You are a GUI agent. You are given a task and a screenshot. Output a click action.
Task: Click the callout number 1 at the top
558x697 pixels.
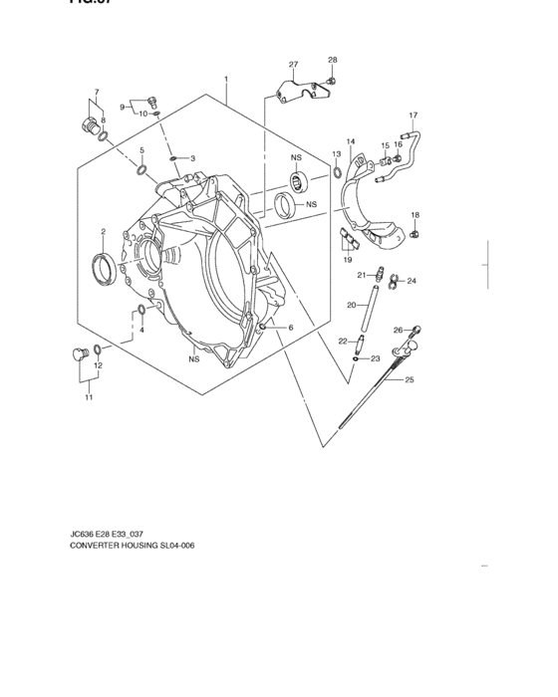[x=226, y=79]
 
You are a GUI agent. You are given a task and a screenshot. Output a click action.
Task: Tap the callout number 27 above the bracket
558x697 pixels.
[x=293, y=66]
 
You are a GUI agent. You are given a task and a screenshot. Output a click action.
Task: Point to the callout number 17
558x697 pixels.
[x=413, y=115]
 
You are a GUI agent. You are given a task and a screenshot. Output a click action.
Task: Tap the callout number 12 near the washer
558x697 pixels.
[x=97, y=365]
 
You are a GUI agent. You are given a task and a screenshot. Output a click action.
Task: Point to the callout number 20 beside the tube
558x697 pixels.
[x=351, y=305]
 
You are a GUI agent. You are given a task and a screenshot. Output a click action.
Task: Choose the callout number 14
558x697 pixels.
[x=350, y=141]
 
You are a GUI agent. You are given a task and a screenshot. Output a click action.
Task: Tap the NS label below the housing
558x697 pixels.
[x=194, y=359]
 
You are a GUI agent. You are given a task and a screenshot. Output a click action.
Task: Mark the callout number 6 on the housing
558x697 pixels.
[x=290, y=327]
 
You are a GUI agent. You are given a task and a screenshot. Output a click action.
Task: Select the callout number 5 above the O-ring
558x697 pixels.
[x=141, y=150]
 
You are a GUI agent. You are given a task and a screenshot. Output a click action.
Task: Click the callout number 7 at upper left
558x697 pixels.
[x=96, y=93]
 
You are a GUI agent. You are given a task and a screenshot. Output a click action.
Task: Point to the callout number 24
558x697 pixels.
[x=411, y=282]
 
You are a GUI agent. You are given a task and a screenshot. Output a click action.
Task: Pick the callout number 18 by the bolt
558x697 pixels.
[x=416, y=214]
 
